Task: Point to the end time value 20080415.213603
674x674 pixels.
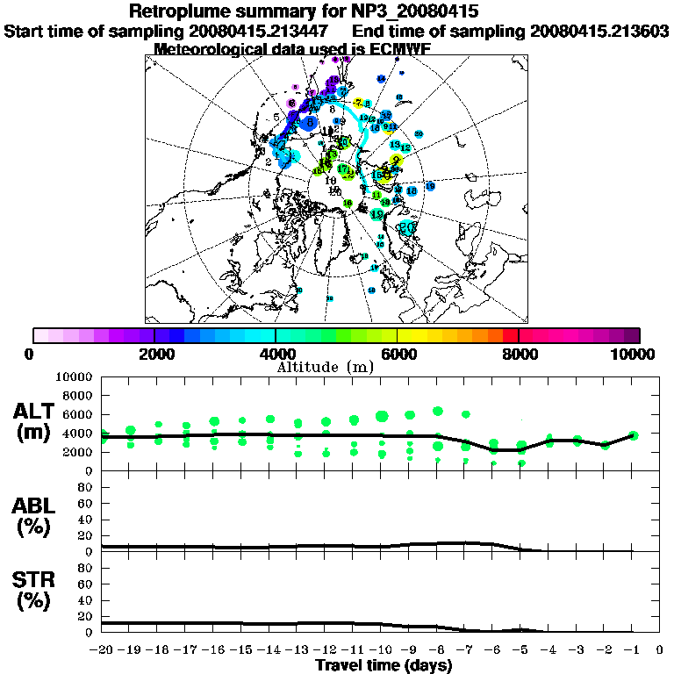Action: pos(599,31)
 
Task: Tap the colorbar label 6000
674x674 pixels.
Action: pos(398,354)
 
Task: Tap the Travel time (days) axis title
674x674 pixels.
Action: pos(384,666)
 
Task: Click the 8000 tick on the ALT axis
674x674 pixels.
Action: pos(81,395)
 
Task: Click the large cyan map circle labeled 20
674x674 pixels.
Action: pos(407,226)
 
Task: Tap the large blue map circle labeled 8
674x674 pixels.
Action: pos(309,123)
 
